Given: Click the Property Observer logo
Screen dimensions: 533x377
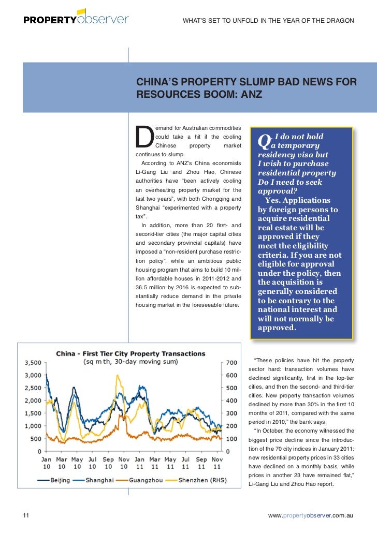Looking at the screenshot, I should click(76, 19).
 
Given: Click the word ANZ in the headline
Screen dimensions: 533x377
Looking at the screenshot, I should click(250, 95).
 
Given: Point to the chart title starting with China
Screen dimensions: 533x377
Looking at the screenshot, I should click(130, 353).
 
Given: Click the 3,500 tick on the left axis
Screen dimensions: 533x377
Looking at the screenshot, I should click(33, 362).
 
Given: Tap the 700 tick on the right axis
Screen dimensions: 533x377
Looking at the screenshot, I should click(231, 362).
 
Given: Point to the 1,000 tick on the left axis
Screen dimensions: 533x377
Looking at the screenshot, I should click(33, 426).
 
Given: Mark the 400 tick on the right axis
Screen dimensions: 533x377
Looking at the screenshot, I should click(231, 401).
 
